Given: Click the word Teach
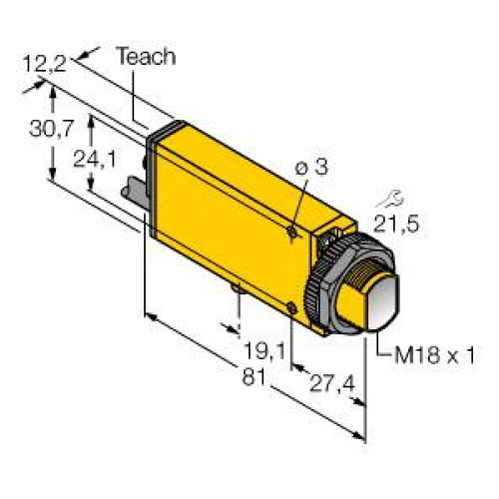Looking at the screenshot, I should pyautogui.click(x=146, y=57).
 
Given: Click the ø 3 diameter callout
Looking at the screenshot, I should pyautogui.click(x=312, y=170).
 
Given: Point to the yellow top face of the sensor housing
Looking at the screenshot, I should pyautogui.click(x=245, y=170).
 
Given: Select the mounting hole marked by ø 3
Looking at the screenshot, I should pyautogui.click(x=288, y=232).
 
